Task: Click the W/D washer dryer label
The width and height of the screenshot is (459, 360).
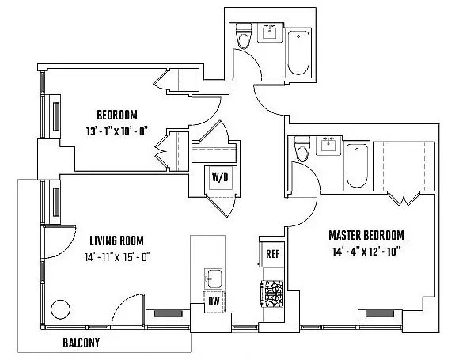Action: click(219, 177)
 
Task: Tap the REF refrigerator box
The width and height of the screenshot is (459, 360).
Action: click(272, 254)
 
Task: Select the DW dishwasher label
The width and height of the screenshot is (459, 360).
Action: click(213, 301)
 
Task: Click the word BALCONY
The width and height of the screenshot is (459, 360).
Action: click(87, 344)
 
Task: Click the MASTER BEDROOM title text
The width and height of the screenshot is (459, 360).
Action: click(366, 236)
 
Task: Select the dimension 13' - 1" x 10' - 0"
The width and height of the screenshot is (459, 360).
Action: click(123, 131)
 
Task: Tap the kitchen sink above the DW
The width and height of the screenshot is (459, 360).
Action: click(213, 279)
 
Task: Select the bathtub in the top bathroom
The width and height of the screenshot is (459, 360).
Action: click(300, 52)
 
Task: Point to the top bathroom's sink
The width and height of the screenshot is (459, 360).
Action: click(271, 33)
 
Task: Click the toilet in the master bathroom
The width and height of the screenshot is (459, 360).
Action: click(302, 150)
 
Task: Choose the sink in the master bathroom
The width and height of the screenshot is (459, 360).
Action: click(327, 145)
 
